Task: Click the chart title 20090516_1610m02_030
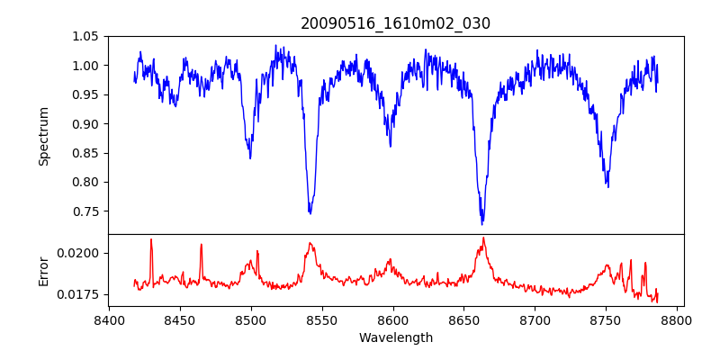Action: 396,23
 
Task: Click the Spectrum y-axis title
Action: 43,136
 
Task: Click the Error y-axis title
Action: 43,270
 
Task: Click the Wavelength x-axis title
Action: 396,338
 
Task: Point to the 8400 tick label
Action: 109,319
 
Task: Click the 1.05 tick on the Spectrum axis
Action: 88,36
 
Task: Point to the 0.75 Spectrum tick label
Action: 88,211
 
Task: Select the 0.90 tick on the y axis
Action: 88,124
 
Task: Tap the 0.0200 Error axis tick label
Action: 82,253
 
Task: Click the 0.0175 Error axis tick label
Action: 82,294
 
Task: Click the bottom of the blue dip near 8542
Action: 310,213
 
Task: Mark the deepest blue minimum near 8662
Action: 482,223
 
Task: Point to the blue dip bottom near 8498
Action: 250,158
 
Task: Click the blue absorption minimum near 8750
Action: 608,186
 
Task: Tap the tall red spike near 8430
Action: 151,239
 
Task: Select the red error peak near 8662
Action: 483,238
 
